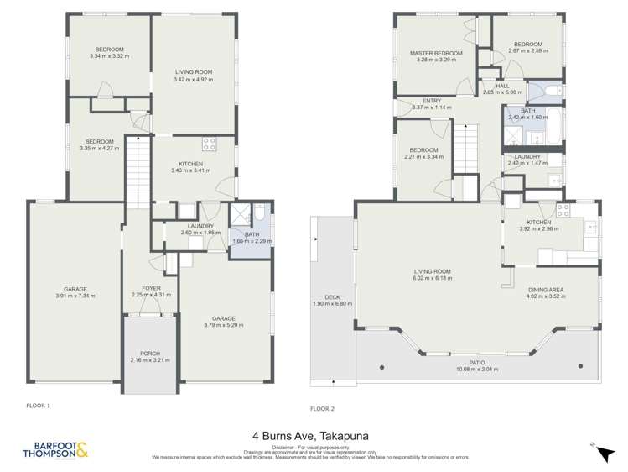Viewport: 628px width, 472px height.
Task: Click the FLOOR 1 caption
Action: pyautogui.click(x=38, y=405)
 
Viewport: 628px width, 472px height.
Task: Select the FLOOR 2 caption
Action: pyautogui.click(x=322, y=408)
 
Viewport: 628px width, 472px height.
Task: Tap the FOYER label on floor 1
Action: pyautogui.click(x=151, y=291)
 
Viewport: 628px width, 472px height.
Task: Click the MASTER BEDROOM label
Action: pyautogui.click(x=436, y=54)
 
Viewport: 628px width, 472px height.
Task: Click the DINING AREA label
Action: pyautogui.click(x=546, y=290)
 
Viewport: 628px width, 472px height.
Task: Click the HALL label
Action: pyautogui.click(x=502, y=86)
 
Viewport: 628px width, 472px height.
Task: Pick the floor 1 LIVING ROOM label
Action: pyautogui.click(x=193, y=72)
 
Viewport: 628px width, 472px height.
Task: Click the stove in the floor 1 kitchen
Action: pyautogui.click(x=209, y=143)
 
